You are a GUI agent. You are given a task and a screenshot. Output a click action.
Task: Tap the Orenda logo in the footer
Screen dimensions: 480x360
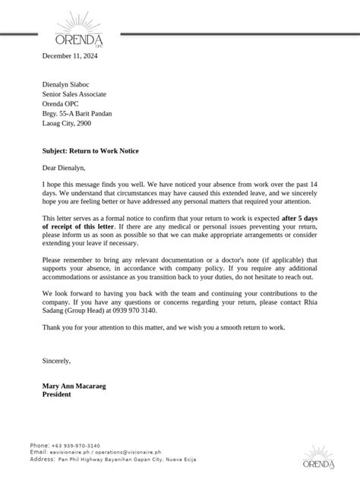[x=320, y=456]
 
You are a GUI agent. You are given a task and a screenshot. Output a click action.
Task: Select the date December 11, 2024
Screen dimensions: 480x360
[x=70, y=56]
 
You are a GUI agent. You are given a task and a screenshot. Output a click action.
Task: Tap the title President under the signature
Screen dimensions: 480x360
[x=57, y=395]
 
